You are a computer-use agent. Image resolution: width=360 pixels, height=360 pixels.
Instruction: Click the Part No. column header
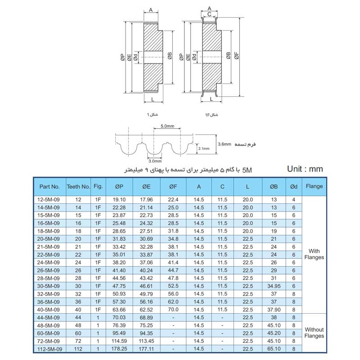[x=49, y=186]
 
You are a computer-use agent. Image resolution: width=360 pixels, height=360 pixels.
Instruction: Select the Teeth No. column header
[x=78, y=186]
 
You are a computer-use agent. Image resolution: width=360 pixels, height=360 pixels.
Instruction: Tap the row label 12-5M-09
[x=49, y=199]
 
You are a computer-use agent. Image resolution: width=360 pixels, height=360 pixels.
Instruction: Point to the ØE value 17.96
[x=146, y=199]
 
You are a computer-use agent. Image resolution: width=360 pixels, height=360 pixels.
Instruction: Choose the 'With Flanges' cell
[x=315, y=255]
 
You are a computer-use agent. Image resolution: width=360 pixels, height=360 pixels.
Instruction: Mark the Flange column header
[x=315, y=186]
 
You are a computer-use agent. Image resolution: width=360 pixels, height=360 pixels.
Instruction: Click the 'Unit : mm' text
[x=305, y=169]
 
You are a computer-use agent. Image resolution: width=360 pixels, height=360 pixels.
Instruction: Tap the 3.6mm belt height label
[x=224, y=144]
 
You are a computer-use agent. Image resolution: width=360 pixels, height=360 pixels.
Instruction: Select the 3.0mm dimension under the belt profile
[x=154, y=160]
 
